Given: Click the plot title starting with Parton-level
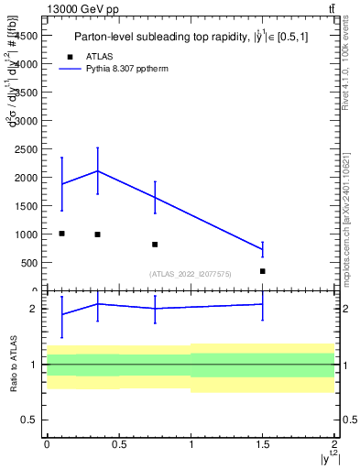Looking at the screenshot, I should pos(186,38).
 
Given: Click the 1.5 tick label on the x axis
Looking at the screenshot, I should pos(262,443).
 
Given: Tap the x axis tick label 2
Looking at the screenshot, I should pos(334,443).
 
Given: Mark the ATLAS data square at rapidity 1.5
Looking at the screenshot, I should pos(263,271).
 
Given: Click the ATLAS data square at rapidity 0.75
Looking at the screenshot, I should pos(155,245).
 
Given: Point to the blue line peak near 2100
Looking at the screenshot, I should pos(97,171).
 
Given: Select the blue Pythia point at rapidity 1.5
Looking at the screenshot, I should pos(263,249).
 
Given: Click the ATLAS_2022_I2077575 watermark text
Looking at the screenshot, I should pos(190,274).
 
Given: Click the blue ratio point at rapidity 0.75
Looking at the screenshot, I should pos(155,309).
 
